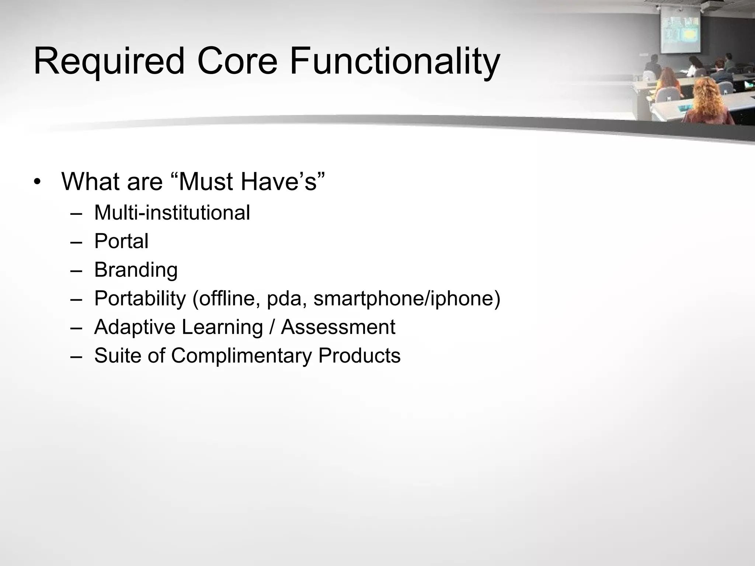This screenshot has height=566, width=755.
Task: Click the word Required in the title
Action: click(x=109, y=62)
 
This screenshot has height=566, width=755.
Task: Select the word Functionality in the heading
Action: click(x=394, y=62)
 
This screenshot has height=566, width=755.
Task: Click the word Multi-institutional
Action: click(x=172, y=213)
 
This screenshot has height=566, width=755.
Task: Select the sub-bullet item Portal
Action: click(x=121, y=241)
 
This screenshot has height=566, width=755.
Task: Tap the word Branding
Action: click(x=136, y=270)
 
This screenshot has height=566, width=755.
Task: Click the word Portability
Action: click(x=140, y=298)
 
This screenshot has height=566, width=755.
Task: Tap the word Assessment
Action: click(x=338, y=327)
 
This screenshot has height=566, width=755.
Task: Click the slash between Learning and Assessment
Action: click(x=272, y=327)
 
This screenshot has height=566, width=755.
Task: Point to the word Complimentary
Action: click(x=241, y=356)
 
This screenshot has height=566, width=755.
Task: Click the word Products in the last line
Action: click(x=359, y=356)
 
